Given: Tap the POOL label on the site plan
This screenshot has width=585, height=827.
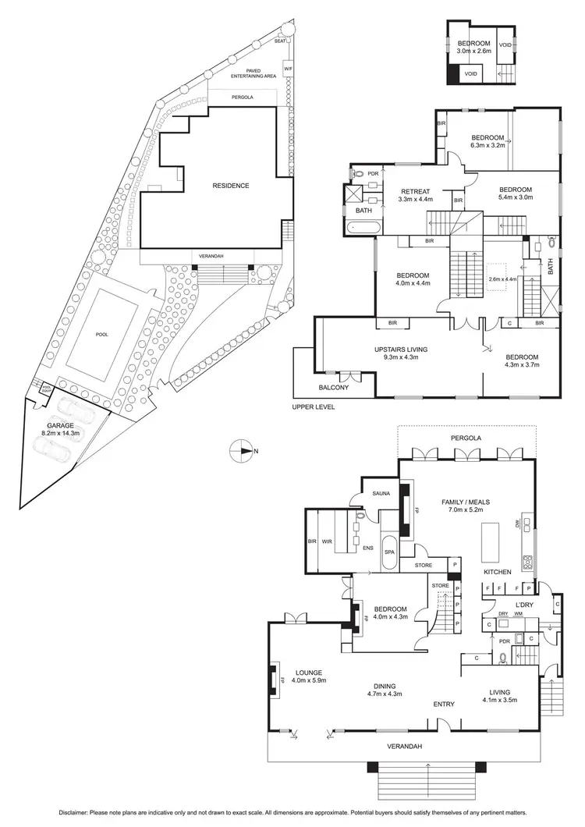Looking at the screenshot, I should pyautogui.click(x=101, y=334).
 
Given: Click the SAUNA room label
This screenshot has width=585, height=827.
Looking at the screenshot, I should pyautogui.click(x=371, y=494).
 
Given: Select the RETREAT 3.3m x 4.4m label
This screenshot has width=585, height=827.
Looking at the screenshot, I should pyautogui.click(x=416, y=195).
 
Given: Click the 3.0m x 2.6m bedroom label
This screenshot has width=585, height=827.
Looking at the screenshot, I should pyautogui.click(x=473, y=47).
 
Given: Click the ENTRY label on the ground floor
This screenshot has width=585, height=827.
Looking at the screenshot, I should pyautogui.click(x=444, y=705).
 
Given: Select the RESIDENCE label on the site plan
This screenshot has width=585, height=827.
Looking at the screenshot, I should pyautogui.click(x=231, y=186).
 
